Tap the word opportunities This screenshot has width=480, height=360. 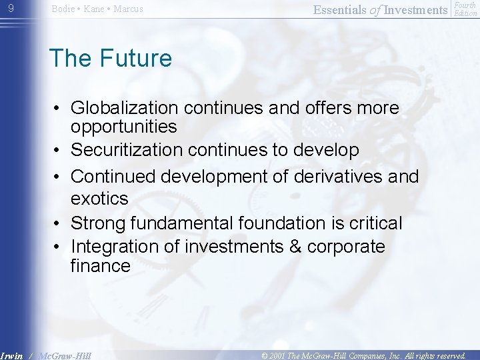pos(123,127)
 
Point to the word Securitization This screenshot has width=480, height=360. pos(127,151)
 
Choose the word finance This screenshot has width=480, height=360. pos(100,266)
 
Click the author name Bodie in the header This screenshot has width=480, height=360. pos(64,9)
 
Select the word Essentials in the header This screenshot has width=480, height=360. pos(339,9)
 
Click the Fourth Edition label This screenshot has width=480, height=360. pos(465,9)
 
